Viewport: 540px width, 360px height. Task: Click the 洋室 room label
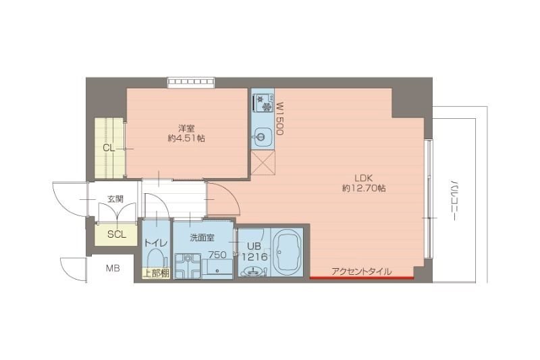pyautogui.click(x=187, y=128)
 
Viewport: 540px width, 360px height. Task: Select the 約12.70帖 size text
pyautogui.click(x=364, y=188)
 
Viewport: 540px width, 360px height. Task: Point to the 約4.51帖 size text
pyautogui.click(x=187, y=138)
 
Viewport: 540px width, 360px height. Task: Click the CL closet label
pyautogui.click(x=108, y=148)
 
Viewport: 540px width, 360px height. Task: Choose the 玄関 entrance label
pyautogui.click(x=115, y=199)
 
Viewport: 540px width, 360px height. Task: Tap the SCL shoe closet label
pyautogui.click(x=116, y=234)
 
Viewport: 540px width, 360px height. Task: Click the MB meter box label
pyautogui.click(x=112, y=268)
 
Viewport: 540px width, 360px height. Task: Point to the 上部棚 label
pyautogui.click(x=155, y=274)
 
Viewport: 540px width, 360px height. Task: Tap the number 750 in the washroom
pyautogui.click(x=217, y=255)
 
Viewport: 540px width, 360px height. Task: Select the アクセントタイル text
pyautogui.click(x=361, y=272)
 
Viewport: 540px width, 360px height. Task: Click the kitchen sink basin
pyautogui.click(x=261, y=139)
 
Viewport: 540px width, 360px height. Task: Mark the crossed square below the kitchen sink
pyautogui.click(x=261, y=163)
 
